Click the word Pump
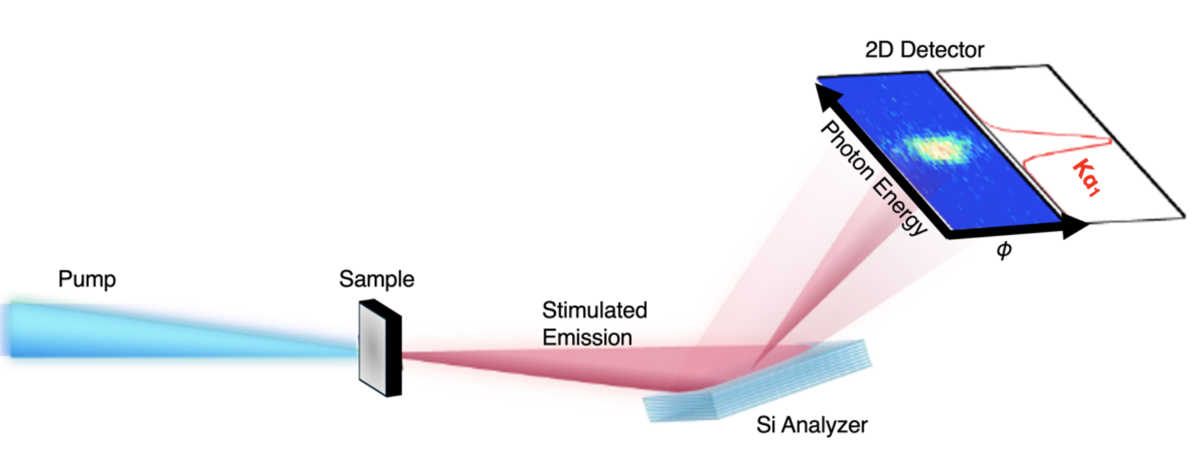click(87, 279)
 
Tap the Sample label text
click(376, 279)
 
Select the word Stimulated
click(594, 310)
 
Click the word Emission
click(586, 338)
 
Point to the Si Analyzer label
click(811, 425)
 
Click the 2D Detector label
click(924, 49)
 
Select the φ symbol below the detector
click(1003, 251)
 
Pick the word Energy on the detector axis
click(899, 205)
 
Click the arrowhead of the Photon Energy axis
click(824, 93)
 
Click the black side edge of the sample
click(394, 349)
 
